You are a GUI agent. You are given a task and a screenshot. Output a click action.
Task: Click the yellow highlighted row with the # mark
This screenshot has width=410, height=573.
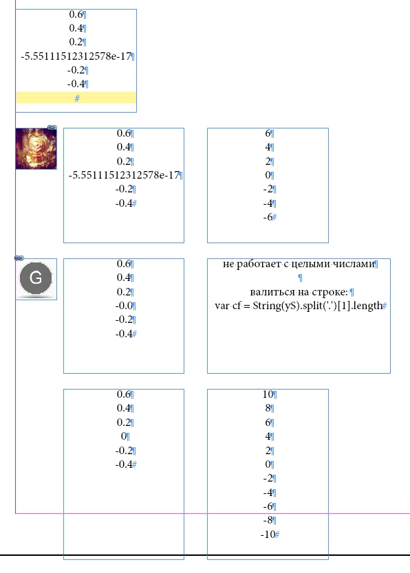(76, 98)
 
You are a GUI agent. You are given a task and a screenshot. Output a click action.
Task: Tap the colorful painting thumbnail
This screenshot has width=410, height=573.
(36, 148)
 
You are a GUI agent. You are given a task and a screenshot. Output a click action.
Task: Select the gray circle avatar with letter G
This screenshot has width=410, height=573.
(36, 278)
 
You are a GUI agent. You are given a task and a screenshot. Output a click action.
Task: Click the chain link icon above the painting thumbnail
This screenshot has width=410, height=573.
(52, 128)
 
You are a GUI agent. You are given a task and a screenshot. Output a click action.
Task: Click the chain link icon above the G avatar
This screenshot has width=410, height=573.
(19, 258)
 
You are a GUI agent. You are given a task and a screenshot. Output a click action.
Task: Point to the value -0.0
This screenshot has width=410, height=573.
(124, 306)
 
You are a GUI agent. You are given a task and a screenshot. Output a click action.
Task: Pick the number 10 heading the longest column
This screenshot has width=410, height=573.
(268, 394)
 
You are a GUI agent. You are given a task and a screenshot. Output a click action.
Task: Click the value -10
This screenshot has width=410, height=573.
(268, 535)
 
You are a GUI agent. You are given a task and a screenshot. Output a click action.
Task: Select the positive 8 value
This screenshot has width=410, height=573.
(268, 408)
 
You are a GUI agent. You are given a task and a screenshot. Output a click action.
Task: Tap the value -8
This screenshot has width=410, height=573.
(268, 520)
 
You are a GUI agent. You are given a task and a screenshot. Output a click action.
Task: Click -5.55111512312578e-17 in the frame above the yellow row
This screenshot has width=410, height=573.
(76, 56)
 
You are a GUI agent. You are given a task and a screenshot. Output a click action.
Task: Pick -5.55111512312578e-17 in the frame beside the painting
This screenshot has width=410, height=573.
(124, 175)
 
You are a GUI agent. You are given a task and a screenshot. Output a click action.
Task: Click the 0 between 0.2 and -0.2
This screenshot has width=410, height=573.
(124, 436)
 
